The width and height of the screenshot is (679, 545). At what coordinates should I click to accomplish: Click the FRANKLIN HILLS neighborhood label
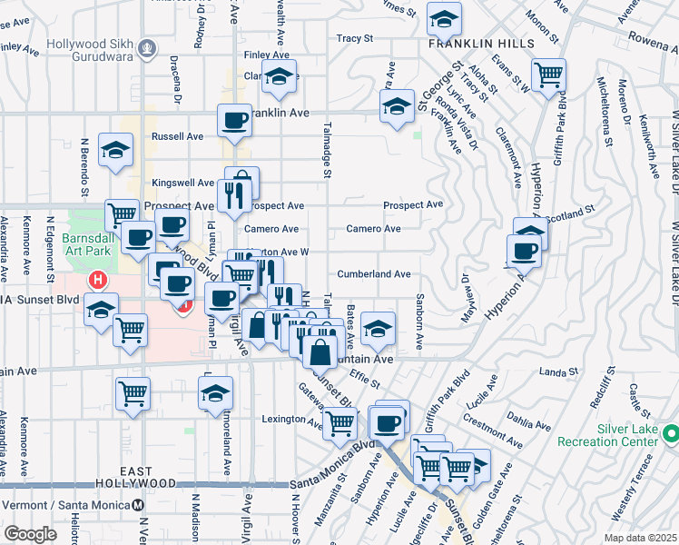(469, 43)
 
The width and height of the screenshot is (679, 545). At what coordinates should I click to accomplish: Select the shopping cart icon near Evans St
(548, 74)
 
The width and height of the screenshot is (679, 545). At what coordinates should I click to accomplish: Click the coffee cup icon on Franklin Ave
(234, 121)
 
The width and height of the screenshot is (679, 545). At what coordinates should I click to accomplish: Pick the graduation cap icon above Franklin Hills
(443, 18)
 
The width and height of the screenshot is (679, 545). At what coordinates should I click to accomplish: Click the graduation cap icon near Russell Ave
(115, 151)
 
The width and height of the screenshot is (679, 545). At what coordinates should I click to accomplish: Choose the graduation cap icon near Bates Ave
(378, 329)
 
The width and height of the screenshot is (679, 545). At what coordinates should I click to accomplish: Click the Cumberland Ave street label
(374, 273)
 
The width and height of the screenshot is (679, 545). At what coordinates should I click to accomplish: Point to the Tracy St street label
(355, 38)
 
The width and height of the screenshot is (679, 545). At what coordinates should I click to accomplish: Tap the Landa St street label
(558, 371)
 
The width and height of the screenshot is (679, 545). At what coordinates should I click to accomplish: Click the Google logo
(31, 533)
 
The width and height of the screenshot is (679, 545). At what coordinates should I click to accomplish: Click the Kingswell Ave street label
(183, 183)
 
